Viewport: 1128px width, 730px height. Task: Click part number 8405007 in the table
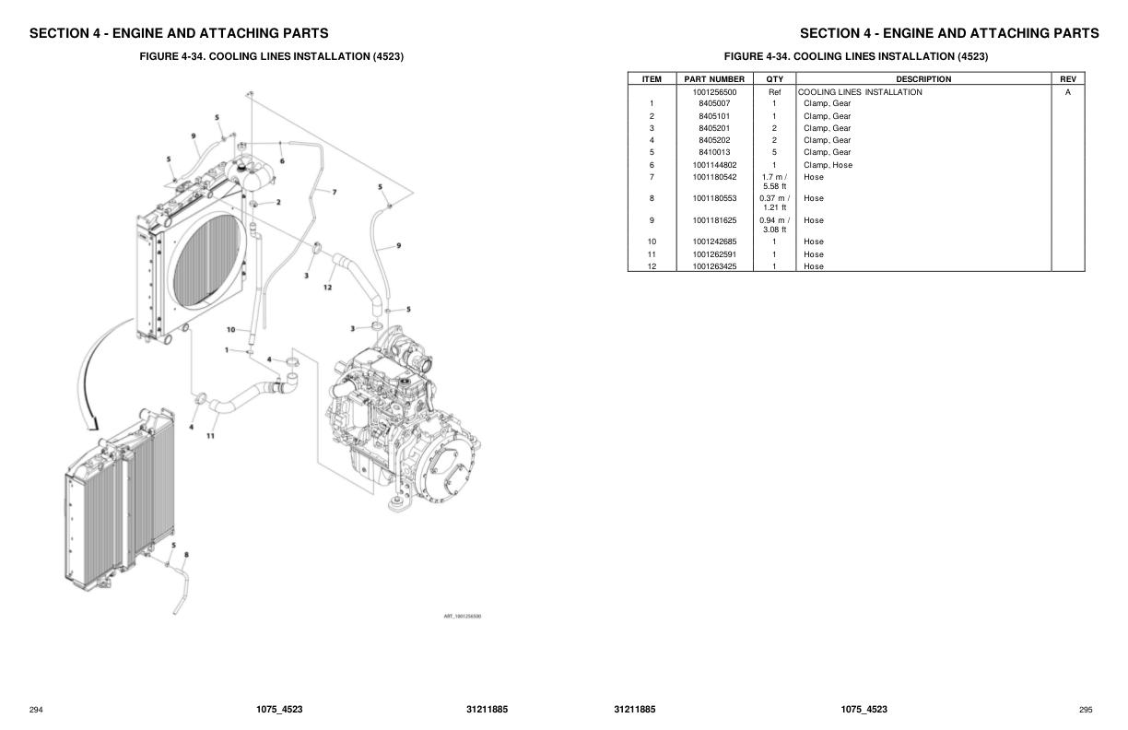click(x=714, y=104)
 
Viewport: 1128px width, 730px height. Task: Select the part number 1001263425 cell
click(x=714, y=266)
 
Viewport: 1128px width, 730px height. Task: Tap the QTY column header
click(x=774, y=79)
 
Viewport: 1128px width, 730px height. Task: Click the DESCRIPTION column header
click(x=922, y=79)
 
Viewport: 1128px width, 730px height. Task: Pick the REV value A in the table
click(x=1067, y=92)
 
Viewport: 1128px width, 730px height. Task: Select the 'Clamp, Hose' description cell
click(x=827, y=165)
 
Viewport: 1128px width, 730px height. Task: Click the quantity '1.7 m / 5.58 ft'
click(x=774, y=182)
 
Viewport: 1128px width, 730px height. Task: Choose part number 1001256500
click(x=714, y=92)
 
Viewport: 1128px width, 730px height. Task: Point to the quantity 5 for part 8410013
click(x=774, y=152)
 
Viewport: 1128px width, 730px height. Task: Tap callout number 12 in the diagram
click(x=327, y=288)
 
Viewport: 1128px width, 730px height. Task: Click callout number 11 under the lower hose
click(x=210, y=435)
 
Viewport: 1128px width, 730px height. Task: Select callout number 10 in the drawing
click(x=230, y=329)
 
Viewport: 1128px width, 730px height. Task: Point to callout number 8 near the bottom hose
click(x=186, y=555)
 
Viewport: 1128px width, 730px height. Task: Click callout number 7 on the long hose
click(x=334, y=192)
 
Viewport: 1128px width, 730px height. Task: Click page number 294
click(x=36, y=710)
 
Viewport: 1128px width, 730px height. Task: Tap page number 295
click(x=1086, y=710)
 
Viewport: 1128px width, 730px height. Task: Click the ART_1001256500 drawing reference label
click(x=463, y=616)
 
